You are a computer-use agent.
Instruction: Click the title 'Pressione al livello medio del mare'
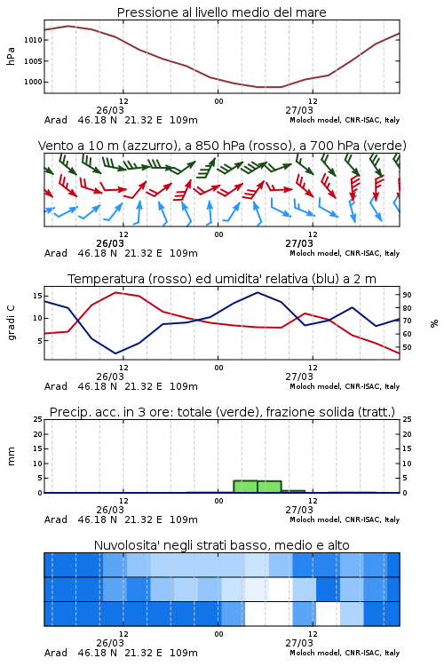(221, 12)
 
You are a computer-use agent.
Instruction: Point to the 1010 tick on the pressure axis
(33, 40)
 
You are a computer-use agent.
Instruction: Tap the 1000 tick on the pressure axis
(33, 82)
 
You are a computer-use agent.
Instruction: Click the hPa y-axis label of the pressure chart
(11, 56)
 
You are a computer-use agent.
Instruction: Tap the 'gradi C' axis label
(11, 323)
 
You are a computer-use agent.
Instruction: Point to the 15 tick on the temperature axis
(37, 295)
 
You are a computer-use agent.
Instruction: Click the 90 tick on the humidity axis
(407, 295)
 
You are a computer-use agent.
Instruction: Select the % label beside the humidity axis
(434, 323)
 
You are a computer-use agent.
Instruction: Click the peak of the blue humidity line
(258, 292)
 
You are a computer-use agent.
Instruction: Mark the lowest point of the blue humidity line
(115, 353)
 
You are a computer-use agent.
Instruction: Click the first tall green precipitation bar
(246, 487)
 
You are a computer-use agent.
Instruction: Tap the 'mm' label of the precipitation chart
(11, 456)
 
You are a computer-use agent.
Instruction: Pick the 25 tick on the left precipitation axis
(37, 419)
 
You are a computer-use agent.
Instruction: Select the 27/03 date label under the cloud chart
(299, 643)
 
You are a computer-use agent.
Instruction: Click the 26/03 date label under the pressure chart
(110, 110)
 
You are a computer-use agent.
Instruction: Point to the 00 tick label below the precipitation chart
(218, 501)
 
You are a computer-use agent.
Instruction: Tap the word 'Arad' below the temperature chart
(56, 386)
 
